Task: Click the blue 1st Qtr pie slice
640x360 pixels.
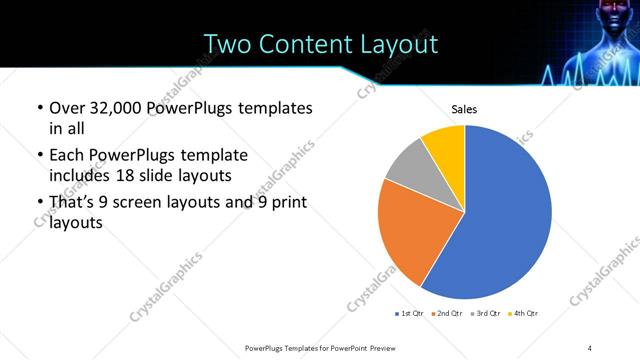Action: point(500,220)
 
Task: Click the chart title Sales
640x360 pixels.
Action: point(465,109)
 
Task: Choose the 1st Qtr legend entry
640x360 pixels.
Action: point(409,314)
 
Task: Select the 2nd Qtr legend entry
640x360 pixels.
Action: point(447,314)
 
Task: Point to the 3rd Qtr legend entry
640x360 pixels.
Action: point(485,314)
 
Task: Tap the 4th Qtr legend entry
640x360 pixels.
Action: point(523,314)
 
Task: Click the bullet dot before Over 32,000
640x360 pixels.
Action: point(39,107)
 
